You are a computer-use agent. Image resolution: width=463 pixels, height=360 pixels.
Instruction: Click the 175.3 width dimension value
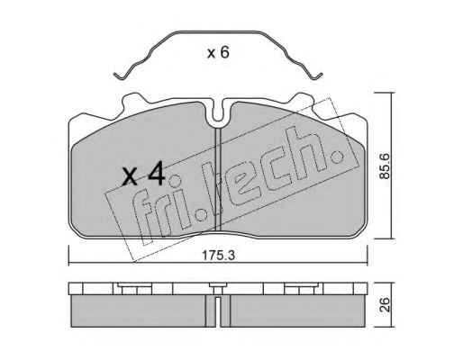click(x=218, y=256)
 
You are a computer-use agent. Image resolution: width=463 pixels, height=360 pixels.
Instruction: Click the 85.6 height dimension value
click(x=384, y=166)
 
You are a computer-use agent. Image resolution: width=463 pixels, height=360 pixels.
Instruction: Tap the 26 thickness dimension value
click(x=384, y=304)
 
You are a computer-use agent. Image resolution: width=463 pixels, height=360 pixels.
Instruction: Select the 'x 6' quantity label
click(x=218, y=53)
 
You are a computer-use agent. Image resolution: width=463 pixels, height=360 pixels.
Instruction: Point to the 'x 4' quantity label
click(x=143, y=174)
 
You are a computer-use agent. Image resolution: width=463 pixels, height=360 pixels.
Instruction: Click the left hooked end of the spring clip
click(x=119, y=76)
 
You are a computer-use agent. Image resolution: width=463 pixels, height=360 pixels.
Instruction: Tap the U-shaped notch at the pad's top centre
click(x=218, y=112)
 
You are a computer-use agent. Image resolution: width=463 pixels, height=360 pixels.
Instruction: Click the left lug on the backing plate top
click(x=132, y=100)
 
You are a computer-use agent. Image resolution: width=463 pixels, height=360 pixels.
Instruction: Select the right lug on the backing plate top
click(x=303, y=100)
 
